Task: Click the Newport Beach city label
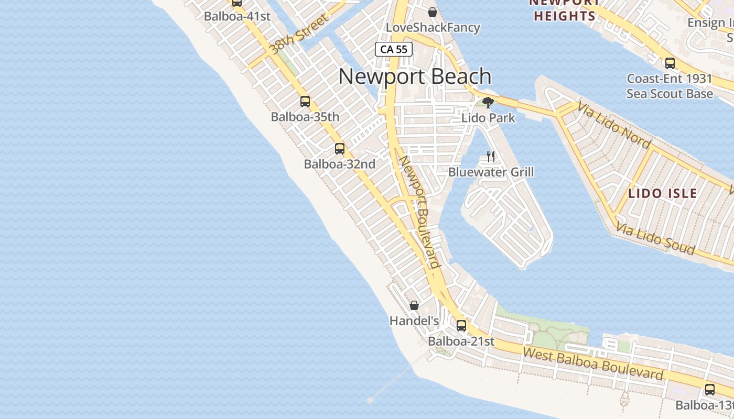click(x=415, y=76)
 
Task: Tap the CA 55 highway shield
click(x=394, y=49)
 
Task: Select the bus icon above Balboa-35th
click(x=305, y=102)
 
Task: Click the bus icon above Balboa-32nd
click(x=340, y=149)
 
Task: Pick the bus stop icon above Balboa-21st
click(x=461, y=326)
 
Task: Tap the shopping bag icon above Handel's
click(x=414, y=305)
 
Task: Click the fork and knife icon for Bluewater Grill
click(x=491, y=156)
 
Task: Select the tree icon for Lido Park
click(x=488, y=102)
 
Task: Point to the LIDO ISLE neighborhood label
click(x=663, y=193)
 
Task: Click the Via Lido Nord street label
click(x=614, y=125)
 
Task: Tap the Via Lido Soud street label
click(x=655, y=239)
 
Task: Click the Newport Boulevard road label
click(x=419, y=212)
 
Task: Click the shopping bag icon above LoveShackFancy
click(x=433, y=12)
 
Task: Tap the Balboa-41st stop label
click(x=237, y=16)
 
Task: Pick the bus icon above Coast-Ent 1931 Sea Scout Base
click(x=670, y=63)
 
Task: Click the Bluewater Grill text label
click(x=491, y=172)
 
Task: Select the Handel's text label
click(x=414, y=320)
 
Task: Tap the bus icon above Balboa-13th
click(x=710, y=390)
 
